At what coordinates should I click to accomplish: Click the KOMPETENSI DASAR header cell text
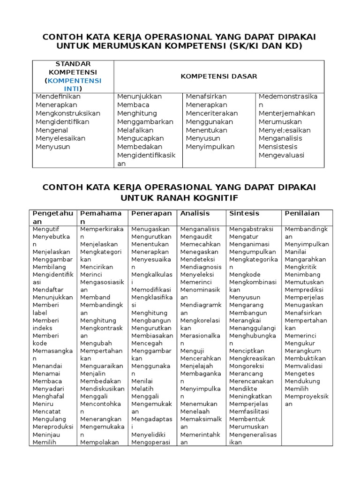pyautogui.click(x=219, y=76)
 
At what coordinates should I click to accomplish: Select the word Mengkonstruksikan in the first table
pyautogui.click(x=68, y=113)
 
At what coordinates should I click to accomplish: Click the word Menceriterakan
pyautogui.click(x=211, y=113)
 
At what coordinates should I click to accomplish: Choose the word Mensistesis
pyautogui.click(x=278, y=147)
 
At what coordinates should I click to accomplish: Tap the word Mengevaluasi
pyautogui.click(x=281, y=156)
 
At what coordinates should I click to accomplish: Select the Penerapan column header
pyautogui.click(x=151, y=213)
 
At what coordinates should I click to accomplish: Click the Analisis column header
pyautogui.click(x=195, y=213)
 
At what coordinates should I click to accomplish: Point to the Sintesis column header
pyautogui.click(x=244, y=213)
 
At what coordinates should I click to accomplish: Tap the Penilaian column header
pyautogui.click(x=302, y=213)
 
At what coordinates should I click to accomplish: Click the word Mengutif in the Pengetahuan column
pyautogui.click(x=46, y=230)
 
